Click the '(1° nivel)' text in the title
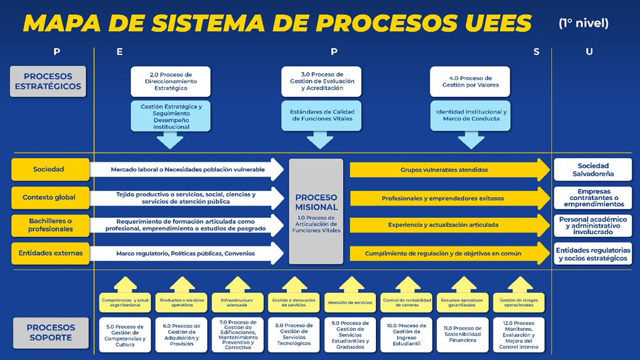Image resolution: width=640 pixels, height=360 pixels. [x=583, y=23]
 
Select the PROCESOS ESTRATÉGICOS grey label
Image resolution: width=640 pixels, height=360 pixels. [x=48, y=82]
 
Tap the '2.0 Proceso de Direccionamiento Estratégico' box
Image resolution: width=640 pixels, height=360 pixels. [x=170, y=82]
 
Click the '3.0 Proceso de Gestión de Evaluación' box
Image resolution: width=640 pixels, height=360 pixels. [x=321, y=82]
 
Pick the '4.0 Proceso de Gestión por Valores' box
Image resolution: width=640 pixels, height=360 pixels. [x=470, y=82]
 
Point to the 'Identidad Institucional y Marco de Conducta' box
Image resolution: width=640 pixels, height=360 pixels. [x=470, y=115]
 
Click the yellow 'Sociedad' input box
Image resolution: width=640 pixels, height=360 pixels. [x=49, y=169]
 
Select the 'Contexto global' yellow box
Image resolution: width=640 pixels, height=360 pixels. [x=49, y=198]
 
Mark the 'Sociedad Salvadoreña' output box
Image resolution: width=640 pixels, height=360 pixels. [x=592, y=170]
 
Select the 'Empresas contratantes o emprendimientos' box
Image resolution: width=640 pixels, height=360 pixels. [x=592, y=198]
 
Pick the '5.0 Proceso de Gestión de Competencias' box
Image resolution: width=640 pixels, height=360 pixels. [x=125, y=335]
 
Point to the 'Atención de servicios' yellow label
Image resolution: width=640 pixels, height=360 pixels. [x=350, y=303]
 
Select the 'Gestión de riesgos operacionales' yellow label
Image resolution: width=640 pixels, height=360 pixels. [x=518, y=303]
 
